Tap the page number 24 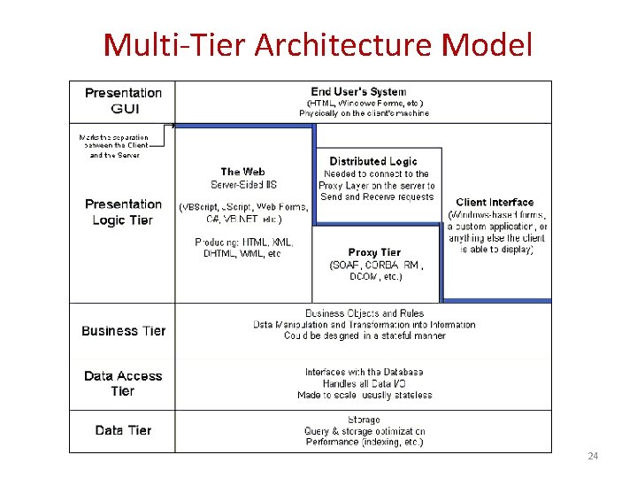tap(593, 456)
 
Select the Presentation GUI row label tap(123, 101)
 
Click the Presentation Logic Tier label tap(123, 212)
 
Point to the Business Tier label tap(123, 330)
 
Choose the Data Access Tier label tap(123, 383)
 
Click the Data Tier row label tap(123, 430)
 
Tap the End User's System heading tap(358, 91)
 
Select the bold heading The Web tap(242, 172)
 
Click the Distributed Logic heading tap(373, 161)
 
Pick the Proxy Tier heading tap(375, 252)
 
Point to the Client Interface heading tap(495, 203)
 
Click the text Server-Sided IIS tap(243, 184)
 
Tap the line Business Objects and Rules tap(364, 313)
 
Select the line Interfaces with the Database tap(364, 372)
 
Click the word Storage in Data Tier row tap(364, 420)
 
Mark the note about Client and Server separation tap(114, 146)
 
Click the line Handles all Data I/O tap(364, 383)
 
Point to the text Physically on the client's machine tap(364, 113)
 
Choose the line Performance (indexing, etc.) tap(364, 442)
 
